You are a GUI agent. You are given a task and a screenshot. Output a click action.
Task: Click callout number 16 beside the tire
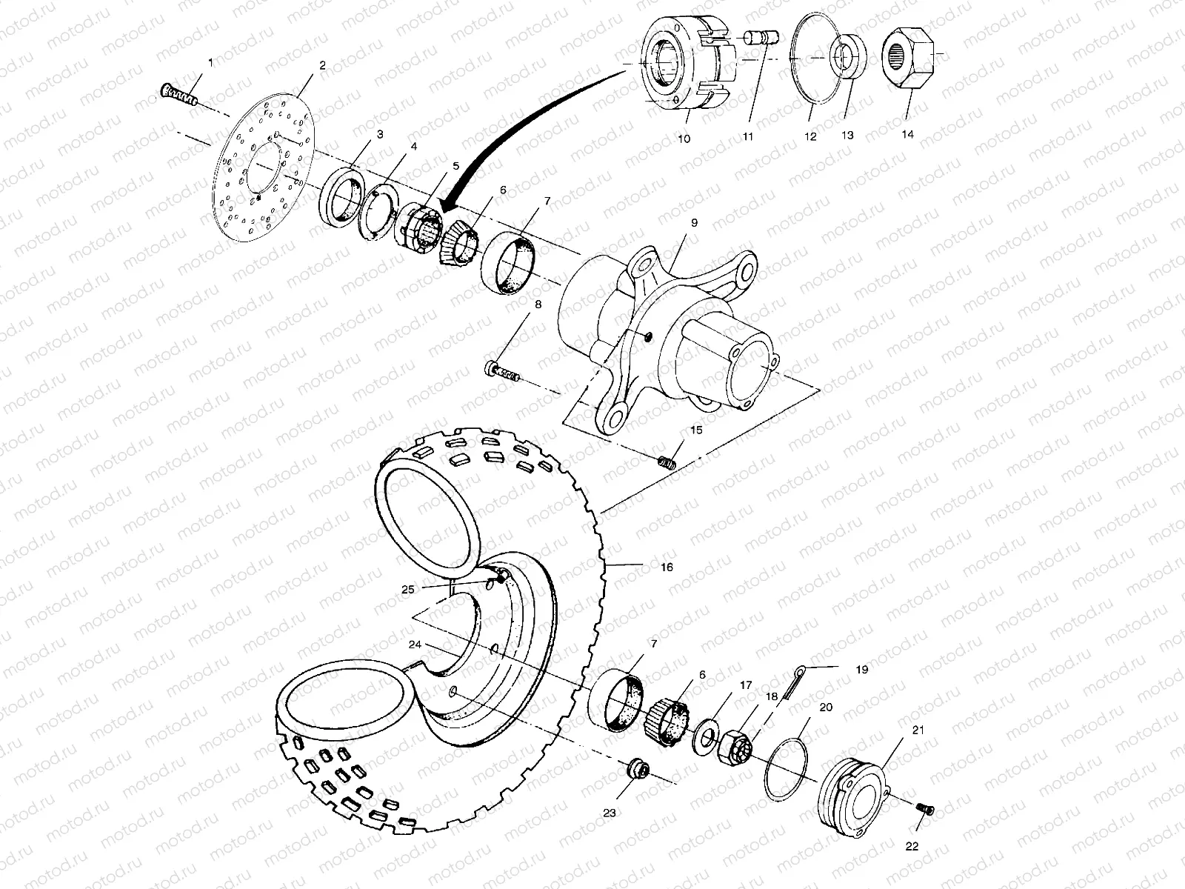(x=667, y=567)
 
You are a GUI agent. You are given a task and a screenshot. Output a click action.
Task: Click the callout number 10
(x=684, y=138)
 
